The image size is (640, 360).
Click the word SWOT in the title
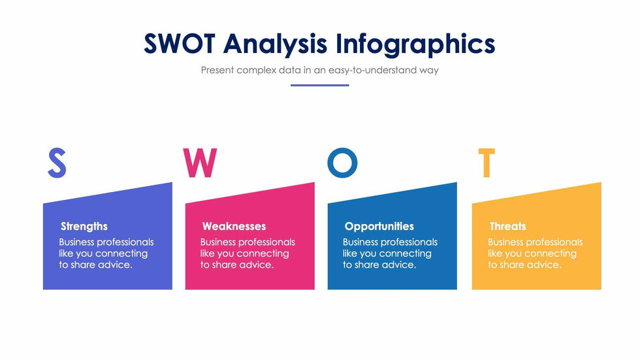click(x=179, y=43)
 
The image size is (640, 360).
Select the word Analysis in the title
click(x=275, y=44)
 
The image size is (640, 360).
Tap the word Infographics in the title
click(x=415, y=44)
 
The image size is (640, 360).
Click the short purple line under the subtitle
click(x=319, y=86)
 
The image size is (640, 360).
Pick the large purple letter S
click(x=57, y=163)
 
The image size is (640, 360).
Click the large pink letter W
click(x=200, y=163)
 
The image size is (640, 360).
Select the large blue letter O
click(x=342, y=163)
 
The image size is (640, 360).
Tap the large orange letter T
click(x=486, y=163)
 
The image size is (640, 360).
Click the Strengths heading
click(x=84, y=227)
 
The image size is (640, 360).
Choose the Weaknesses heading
click(x=234, y=226)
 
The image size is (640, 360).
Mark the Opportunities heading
click(x=379, y=227)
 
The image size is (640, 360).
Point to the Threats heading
click(x=508, y=226)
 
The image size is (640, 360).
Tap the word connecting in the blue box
click(x=406, y=254)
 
